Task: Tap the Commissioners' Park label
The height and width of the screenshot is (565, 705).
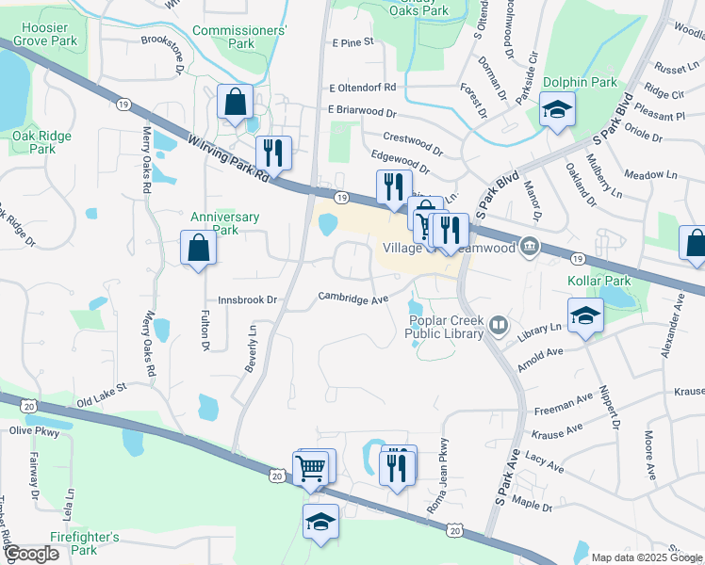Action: (x=239, y=37)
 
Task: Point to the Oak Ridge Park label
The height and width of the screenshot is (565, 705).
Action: (x=41, y=142)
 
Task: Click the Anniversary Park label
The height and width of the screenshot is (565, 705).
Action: (x=225, y=223)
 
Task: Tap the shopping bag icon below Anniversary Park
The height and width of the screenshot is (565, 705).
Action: (x=199, y=249)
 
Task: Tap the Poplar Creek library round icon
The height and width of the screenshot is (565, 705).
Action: (x=499, y=328)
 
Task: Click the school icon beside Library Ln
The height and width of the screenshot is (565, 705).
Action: (x=584, y=316)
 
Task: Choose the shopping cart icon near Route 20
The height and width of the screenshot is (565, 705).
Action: (x=311, y=467)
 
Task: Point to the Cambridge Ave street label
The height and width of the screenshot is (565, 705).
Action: (x=352, y=299)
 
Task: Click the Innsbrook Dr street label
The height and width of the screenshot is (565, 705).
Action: (x=251, y=300)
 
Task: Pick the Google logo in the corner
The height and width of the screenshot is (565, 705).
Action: (x=31, y=554)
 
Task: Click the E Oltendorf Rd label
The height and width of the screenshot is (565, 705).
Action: (x=363, y=88)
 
